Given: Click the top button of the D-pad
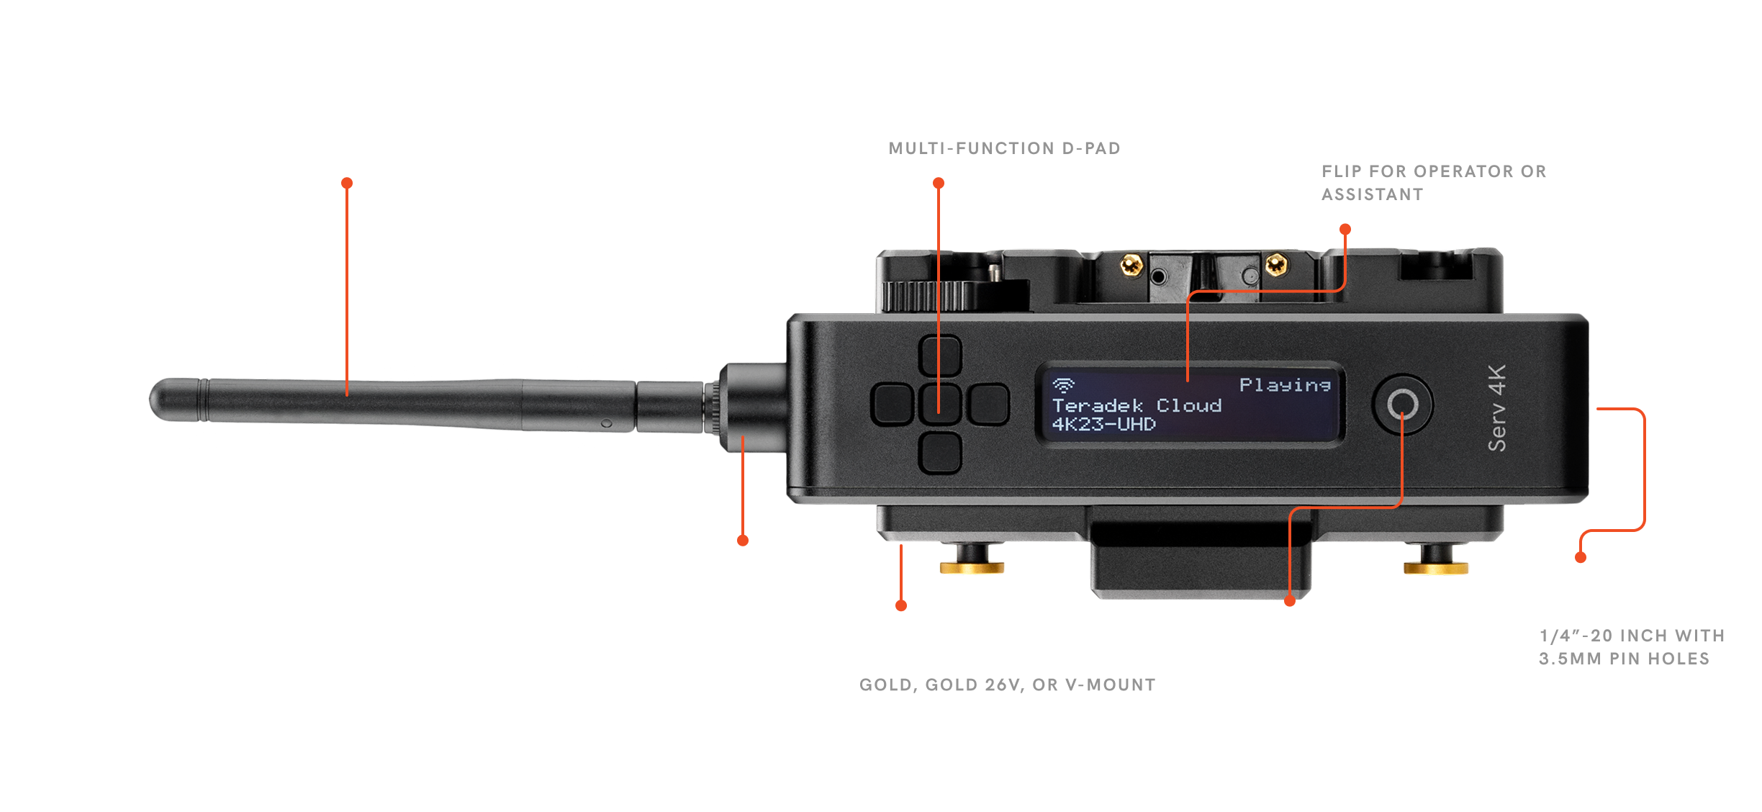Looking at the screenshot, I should point(940,355).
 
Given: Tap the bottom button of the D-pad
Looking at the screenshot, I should point(940,452).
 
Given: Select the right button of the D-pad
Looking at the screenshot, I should point(988,405).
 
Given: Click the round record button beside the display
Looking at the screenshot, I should point(1402,405).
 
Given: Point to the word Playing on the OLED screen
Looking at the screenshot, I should point(1284,385).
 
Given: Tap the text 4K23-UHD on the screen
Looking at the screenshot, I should point(1103,425).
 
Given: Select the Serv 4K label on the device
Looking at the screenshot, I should point(1497,408).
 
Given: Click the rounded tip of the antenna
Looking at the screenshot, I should point(160,399).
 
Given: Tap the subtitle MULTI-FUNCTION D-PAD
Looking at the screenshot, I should point(1004,148).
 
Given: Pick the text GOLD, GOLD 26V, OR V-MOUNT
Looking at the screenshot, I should point(1007,685).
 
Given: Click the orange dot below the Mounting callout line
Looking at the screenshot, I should point(1581,557).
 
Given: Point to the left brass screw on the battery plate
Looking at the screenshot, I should point(1131,265).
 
